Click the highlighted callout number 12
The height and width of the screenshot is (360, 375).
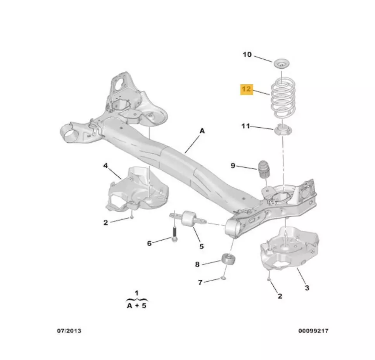coord(247,90)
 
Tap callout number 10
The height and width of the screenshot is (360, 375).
coord(247,54)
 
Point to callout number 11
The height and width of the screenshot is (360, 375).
coord(245,126)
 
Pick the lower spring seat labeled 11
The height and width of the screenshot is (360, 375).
coord(283,130)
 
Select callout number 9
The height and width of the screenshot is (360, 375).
coord(233,166)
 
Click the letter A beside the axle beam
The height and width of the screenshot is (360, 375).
coord(202,132)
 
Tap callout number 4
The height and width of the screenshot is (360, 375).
coord(105,166)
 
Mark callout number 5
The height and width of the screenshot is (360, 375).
coord(202,246)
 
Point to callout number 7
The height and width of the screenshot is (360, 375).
coord(200,282)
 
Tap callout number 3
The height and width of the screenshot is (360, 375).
coord(307,287)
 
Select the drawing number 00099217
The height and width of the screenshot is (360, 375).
coord(313,331)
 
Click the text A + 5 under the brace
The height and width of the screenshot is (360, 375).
coord(137,305)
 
